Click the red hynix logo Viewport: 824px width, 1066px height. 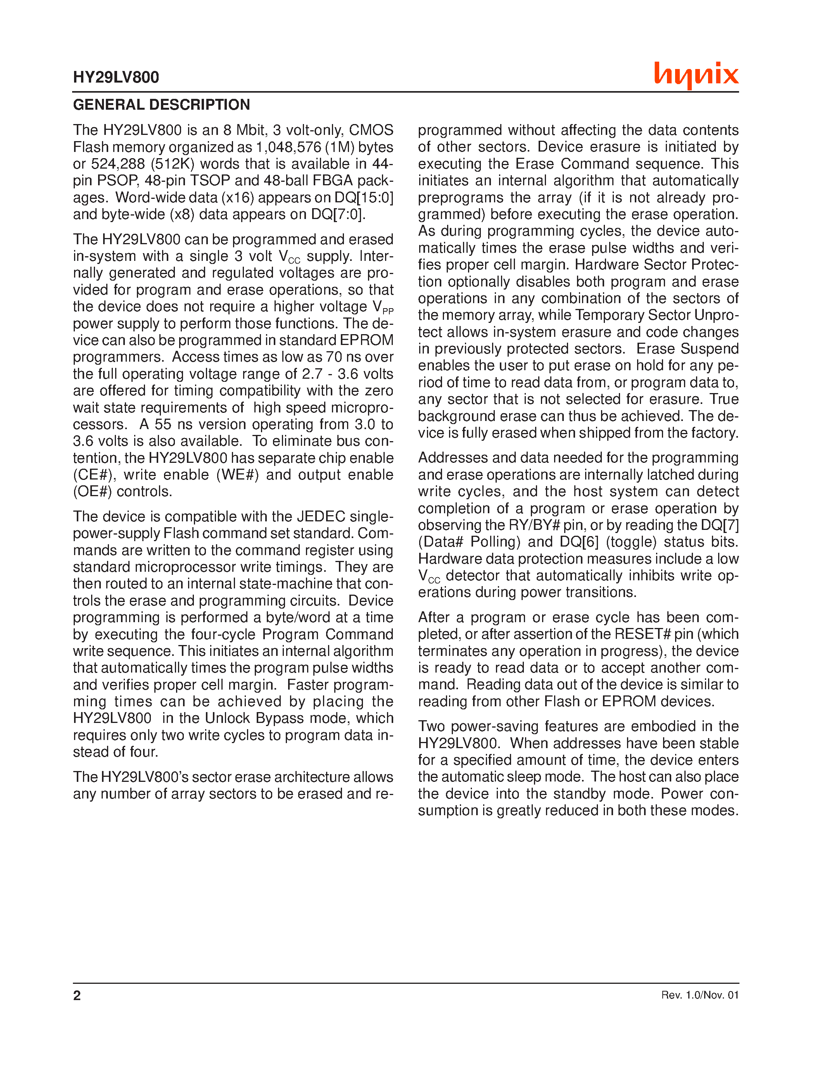point(696,75)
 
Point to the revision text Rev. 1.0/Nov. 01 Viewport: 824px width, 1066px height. point(700,995)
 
